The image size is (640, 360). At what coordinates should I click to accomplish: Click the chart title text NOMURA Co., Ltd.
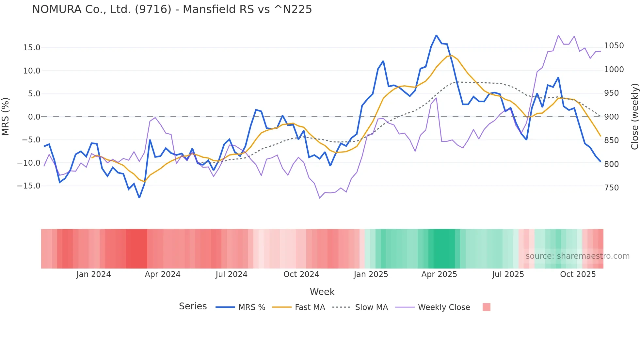[x=172, y=9]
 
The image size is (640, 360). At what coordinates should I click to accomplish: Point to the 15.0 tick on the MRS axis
[x=32, y=48]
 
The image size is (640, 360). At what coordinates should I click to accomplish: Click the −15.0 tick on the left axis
[x=29, y=186]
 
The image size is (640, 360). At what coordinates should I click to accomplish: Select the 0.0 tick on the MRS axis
[x=34, y=117]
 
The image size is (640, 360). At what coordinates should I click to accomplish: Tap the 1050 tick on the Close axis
[x=614, y=46]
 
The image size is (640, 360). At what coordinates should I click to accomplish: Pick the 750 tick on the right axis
[x=611, y=188]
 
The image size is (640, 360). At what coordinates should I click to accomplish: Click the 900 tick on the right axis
[x=611, y=117]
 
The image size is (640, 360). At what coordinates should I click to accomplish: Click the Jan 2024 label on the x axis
[x=93, y=274]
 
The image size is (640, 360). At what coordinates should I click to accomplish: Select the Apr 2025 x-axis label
[x=439, y=274]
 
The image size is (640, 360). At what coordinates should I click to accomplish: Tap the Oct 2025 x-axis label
[x=578, y=274]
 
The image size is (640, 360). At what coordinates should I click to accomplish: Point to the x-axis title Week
[x=322, y=292]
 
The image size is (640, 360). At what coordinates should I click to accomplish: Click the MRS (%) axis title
[x=6, y=117]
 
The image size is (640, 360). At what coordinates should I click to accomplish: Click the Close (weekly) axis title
[x=634, y=117]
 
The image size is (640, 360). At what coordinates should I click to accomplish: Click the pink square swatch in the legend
[x=486, y=307]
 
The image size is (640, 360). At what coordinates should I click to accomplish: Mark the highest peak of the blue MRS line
[x=436, y=35]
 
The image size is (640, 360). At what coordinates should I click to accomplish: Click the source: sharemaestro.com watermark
[x=577, y=256]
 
